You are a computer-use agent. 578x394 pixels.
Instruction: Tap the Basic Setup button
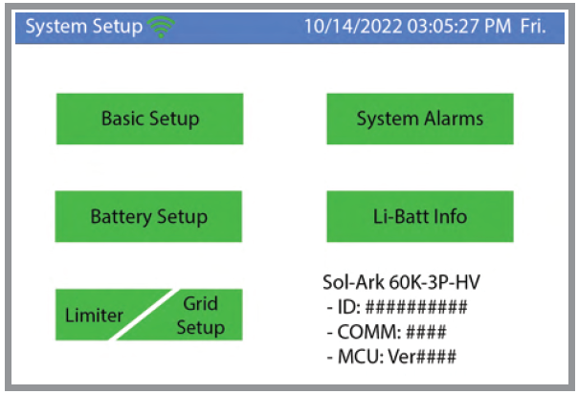tap(149, 119)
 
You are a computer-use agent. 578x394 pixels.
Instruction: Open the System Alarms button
tap(419, 119)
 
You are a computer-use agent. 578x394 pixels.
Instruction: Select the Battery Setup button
tap(148, 216)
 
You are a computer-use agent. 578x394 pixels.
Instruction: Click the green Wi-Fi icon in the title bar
tap(161, 27)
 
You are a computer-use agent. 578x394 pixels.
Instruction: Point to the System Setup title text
tap(82, 27)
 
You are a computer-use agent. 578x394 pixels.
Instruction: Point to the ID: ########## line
tap(395, 308)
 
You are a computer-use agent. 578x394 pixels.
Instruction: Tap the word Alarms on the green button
tap(454, 119)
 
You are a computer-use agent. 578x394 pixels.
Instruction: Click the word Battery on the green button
tap(122, 216)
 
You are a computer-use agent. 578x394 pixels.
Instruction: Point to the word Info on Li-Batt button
tap(448, 216)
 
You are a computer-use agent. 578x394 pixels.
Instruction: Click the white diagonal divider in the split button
tap(147, 315)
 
